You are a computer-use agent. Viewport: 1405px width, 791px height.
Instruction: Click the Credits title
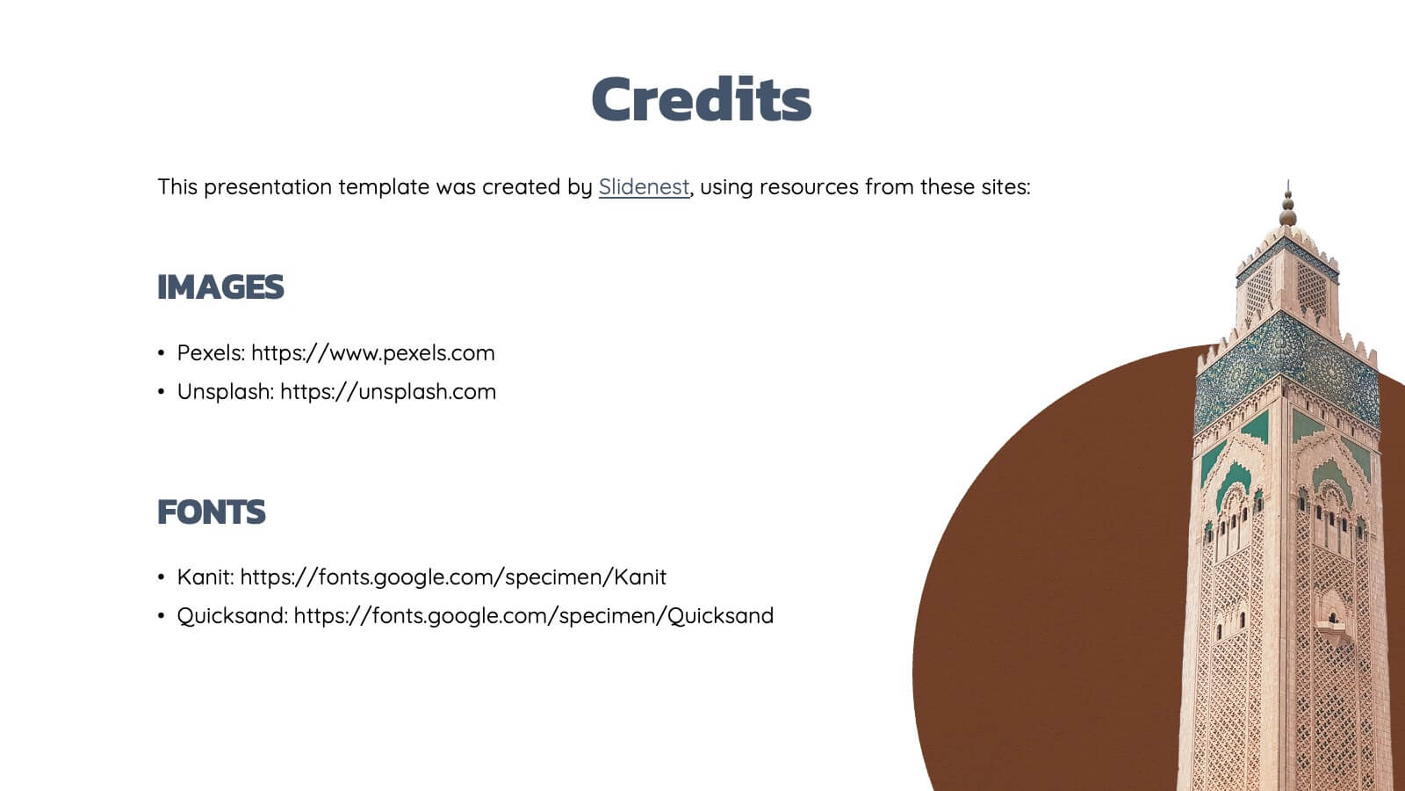[x=702, y=98]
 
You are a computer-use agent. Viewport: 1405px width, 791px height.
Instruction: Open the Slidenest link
[x=645, y=187]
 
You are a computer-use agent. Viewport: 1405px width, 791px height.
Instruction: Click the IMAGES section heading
[x=220, y=287]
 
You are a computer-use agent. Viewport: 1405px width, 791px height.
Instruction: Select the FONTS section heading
[x=212, y=512]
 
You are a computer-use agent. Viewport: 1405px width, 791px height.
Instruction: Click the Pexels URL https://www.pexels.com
[x=373, y=352]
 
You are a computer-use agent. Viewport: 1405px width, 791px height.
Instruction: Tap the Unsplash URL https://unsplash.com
[x=388, y=392]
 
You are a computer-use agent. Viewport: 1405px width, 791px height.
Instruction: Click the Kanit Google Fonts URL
[x=453, y=577]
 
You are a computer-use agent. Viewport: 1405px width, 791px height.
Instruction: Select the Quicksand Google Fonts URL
[x=534, y=616]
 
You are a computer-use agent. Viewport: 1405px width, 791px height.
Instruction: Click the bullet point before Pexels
[x=162, y=352]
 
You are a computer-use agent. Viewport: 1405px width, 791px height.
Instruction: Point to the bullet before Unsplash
[x=162, y=392]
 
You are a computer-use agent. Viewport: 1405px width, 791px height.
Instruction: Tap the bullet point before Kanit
[x=162, y=577]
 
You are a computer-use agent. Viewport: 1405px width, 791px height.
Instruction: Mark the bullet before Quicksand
[x=162, y=616]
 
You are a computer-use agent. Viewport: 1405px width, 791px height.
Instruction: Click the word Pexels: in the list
[x=212, y=352]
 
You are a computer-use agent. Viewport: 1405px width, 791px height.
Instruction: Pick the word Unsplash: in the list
[x=226, y=392]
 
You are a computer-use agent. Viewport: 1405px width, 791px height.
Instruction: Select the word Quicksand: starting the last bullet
[x=233, y=616]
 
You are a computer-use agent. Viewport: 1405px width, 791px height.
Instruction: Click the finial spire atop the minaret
[x=1287, y=204]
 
